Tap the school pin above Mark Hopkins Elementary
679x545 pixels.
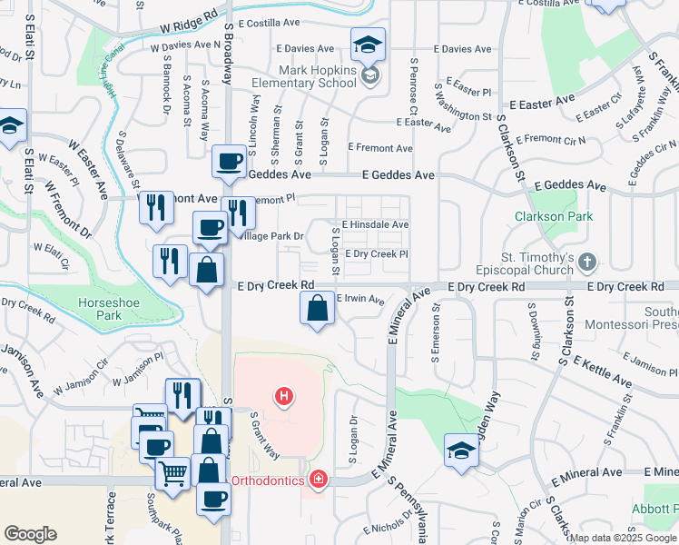(369, 45)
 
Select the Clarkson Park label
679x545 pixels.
(553, 216)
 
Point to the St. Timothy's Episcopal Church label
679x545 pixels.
(524, 263)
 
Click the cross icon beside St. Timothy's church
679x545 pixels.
(588, 263)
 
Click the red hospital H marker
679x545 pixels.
(285, 396)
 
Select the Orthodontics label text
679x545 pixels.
(267, 480)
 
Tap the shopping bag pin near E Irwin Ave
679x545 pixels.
(317, 310)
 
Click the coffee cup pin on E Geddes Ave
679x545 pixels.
(228, 163)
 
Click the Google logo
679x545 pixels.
(30, 534)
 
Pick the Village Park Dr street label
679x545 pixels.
(270, 236)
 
